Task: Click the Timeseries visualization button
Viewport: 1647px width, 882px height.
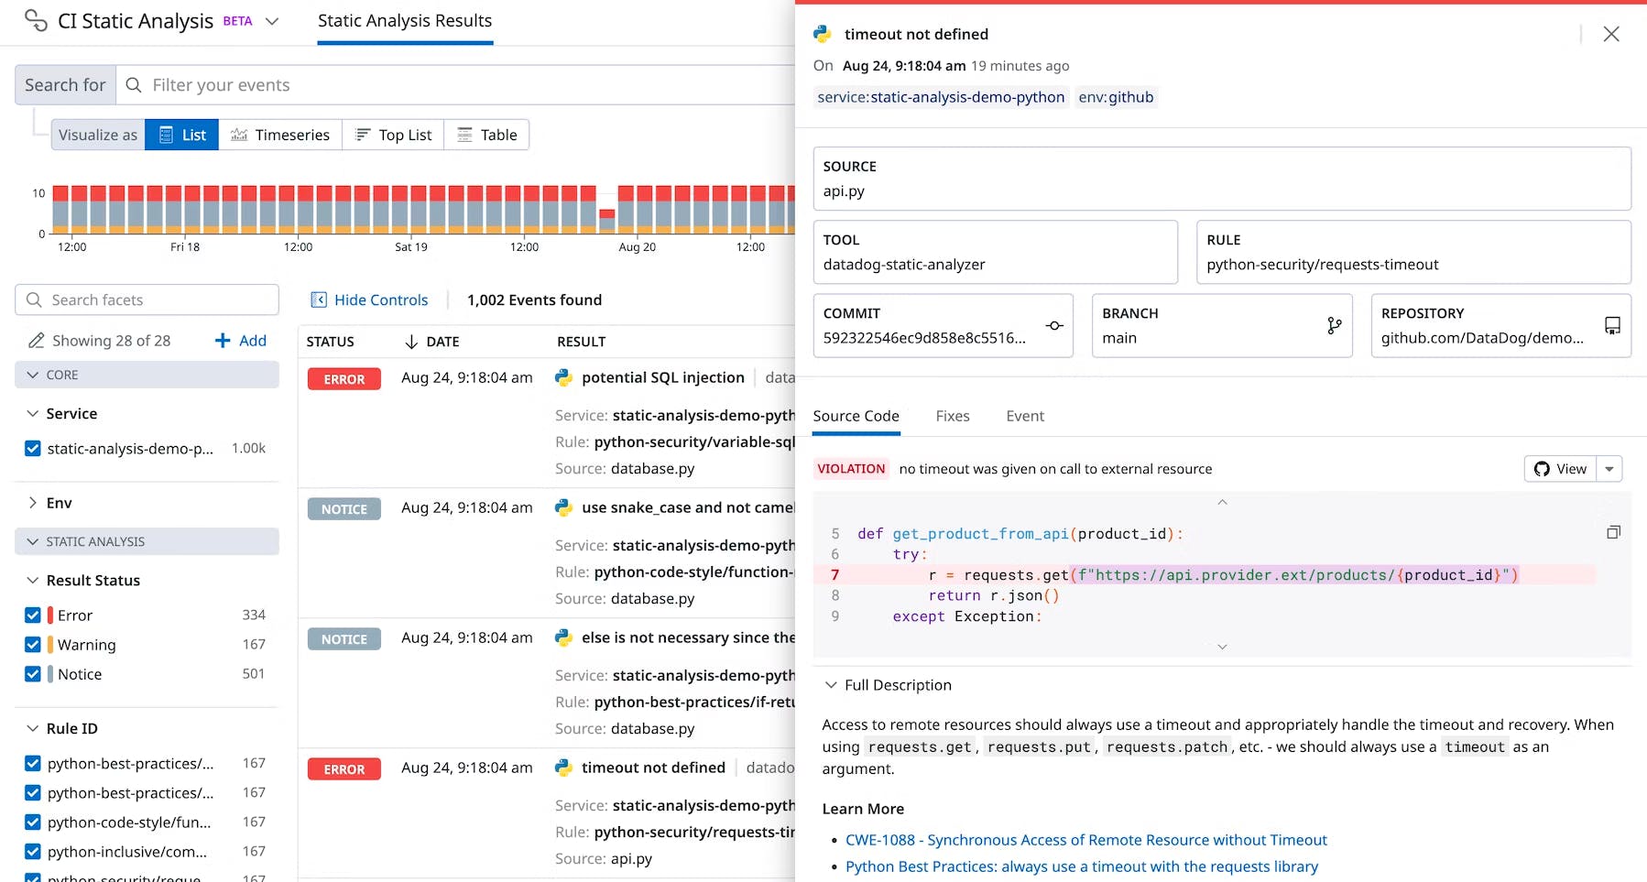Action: pyautogui.click(x=280, y=135)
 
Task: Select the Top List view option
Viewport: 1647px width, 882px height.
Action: pyautogui.click(x=393, y=135)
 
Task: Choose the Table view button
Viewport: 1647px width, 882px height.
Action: pyautogui.click(x=487, y=135)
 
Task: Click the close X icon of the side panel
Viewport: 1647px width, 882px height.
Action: pyautogui.click(x=1611, y=34)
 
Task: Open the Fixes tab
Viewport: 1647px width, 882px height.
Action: pyautogui.click(x=952, y=416)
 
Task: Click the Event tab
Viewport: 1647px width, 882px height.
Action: pyautogui.click(x=1024, y=416)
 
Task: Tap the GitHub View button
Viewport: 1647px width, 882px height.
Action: pyautogui.click(x=1560, y=469)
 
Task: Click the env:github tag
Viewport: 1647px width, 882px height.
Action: pyautogui.click(x=1115, y=97)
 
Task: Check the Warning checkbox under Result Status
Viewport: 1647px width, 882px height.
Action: pyautogui.click(x=33, y=645)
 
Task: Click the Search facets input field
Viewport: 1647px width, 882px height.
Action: pyautogui.click(x=147, y=299)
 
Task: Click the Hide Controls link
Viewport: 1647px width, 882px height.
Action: pyautogui.click(x=370, y=299)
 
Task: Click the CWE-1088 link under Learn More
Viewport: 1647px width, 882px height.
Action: pyautogui.click(x=1085, y=840)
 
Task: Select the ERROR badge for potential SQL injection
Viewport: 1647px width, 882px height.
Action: pyautogui.click(x=344, y=379)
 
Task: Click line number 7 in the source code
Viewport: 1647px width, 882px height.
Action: pyautogui.click(x=834, y=575)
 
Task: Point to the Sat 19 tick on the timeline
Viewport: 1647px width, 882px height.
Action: pyautogui.click(x=410, y=246)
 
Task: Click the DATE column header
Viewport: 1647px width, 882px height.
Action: pyautogui.click(x=442, y=342)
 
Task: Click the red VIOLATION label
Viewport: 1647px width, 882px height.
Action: pyautogui.click(x=850, y=469)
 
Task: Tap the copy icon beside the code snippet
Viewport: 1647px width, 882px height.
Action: pyautogui.click(x=1613, y=532)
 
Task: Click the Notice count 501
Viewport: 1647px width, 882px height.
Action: pyautogui.click(x=254, y=674)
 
